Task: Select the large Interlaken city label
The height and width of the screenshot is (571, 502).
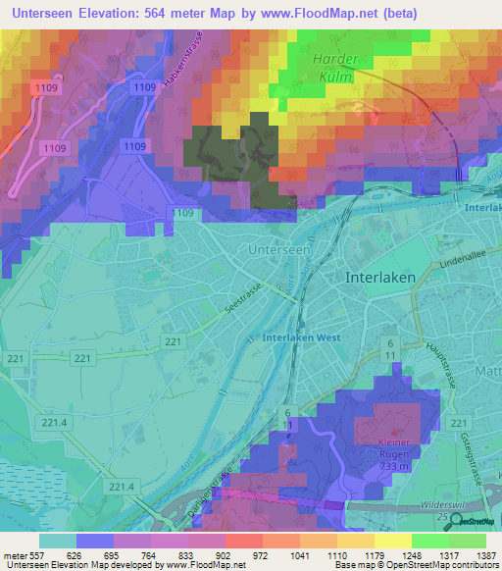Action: [x=380, y=278]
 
